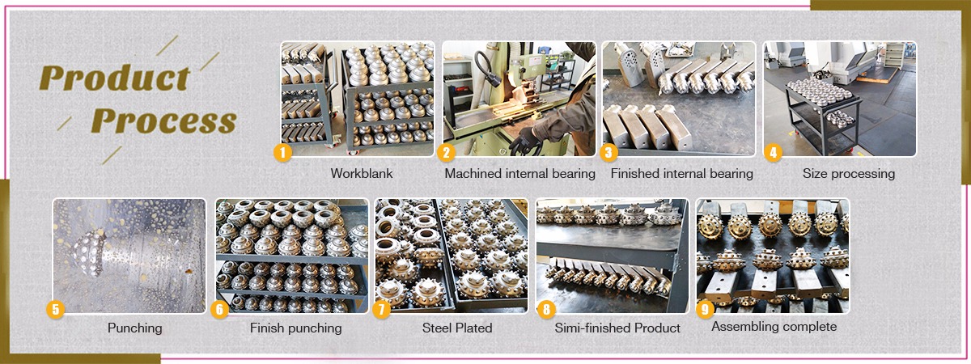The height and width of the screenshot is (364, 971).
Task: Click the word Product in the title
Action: pos(114,78)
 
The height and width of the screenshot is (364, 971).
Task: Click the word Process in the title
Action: pos(163,121)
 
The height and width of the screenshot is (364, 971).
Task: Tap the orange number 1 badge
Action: pos(282,151)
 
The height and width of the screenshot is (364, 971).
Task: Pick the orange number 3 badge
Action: pos(610,151)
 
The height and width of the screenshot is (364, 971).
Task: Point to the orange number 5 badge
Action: pos(55,308)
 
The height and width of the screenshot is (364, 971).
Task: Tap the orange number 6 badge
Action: pos(218,308)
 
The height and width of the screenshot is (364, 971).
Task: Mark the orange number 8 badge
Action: pos(547,308)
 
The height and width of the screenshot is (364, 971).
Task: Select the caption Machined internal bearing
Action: pos(519,174)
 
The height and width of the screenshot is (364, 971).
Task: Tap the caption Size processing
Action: pos(848,174)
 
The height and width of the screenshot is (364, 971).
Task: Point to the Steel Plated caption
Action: pos(456,328)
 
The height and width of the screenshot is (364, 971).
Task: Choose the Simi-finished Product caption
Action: pos(617,328)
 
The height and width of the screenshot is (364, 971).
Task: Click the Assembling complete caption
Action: pos(774,327)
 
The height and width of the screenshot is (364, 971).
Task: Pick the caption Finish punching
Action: pos(295,328)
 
